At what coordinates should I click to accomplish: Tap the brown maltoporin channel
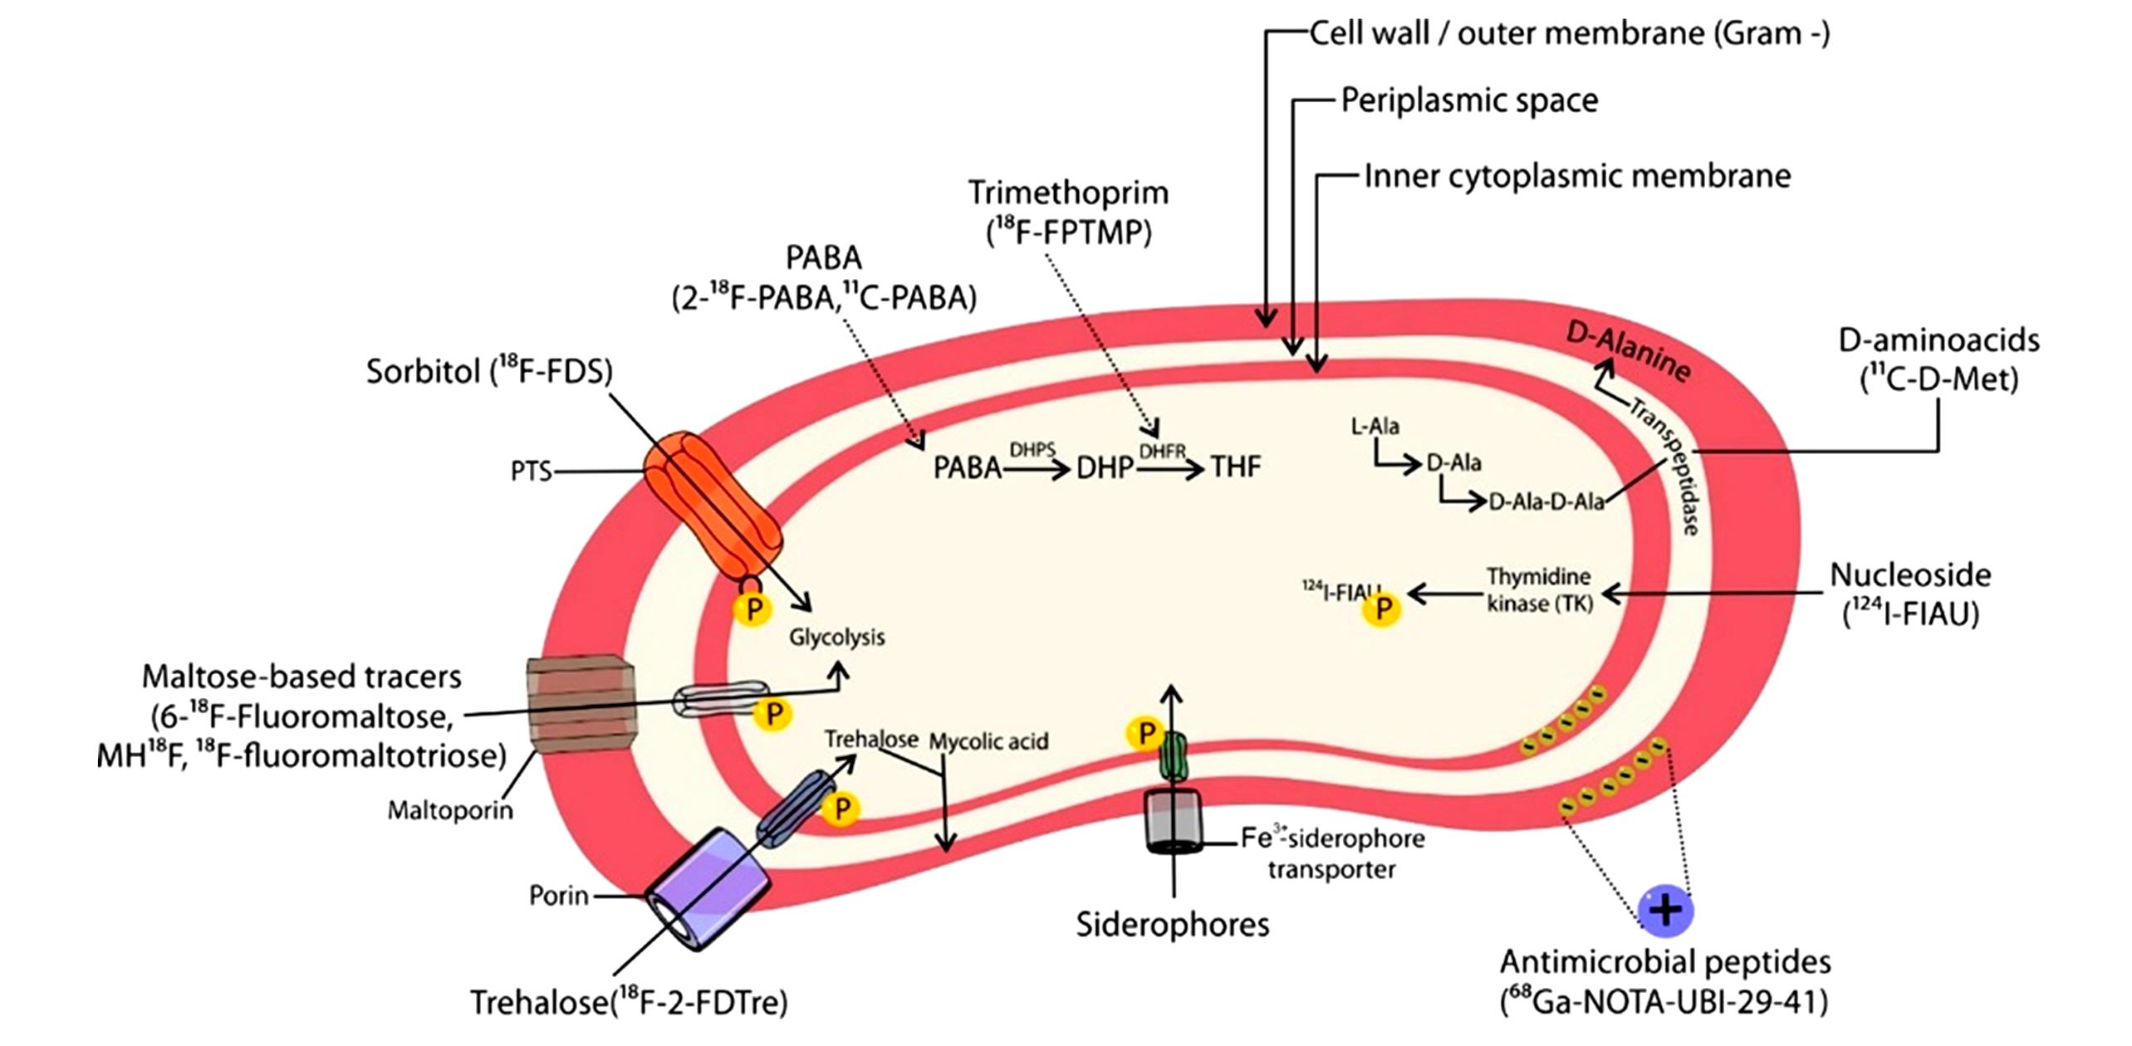coord(579,704)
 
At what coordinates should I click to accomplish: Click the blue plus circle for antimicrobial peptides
coord(1664,909)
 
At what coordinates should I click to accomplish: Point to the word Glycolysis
coord(836,638)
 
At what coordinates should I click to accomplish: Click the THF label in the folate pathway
coord(1235,467)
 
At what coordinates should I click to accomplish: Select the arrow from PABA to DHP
coord(1037,471)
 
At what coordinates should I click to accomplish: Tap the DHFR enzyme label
coord(1161,451)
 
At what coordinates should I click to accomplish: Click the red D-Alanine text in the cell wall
coord(1628,352)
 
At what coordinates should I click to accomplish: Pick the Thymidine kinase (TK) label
coord(1539,589)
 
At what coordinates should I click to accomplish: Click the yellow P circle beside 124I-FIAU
coord(1382,609)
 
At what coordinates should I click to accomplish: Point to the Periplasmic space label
coord(1469,100)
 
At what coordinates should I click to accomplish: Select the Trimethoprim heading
coord(1068,193)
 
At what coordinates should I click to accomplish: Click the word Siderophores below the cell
coord(1172,924)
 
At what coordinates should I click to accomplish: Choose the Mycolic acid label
coord(988,741)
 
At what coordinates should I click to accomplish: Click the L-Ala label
coord(1375,427)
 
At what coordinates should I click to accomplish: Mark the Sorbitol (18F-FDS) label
coord(488,371)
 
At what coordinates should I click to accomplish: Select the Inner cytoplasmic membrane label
coord(1577,176)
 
